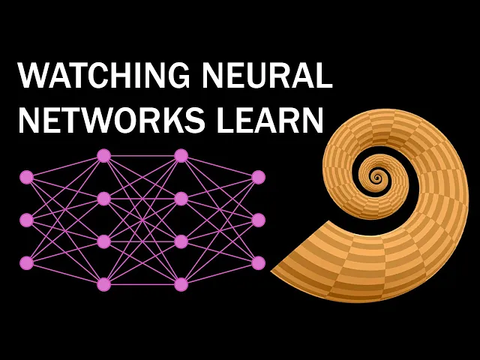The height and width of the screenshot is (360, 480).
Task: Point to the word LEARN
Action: pyautogui.click(x=268, y=120)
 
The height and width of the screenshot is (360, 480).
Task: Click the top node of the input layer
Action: pyautogui.click(x=27, y=177)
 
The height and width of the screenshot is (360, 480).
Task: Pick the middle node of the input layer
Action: pyautogui.click(x=27, y=220)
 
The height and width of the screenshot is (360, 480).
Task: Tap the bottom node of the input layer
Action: pyautogui.click(x=27, y=262)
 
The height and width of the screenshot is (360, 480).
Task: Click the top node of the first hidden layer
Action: pyautogui.click(x=104, y=156)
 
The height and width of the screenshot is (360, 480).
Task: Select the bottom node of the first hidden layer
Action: pyautogui.click(x=104, y=284)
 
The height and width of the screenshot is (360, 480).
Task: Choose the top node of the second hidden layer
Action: pyautogui.click(x=181, y=156)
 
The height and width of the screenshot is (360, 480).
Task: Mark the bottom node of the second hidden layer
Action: pyautogui.click(x=181, y=284)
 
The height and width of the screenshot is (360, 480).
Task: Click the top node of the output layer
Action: pyautogui.click(x=258, y=177)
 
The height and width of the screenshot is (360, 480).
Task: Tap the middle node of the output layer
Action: pyautogui.click(x=258, y=220)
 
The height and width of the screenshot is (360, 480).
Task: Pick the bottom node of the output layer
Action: pyautogui.click(x=258, y=262)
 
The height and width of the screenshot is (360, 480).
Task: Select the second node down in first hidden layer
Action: pyautogui.click(x=104, y=199)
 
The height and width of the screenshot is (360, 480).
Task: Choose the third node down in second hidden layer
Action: pyautogui.click(x=181, y=241)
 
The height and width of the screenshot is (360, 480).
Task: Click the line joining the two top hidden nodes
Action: pyautogui.click(x=142, y=156)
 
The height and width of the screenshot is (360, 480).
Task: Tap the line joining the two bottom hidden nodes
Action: pyautogui.click(x=142, y=284)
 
